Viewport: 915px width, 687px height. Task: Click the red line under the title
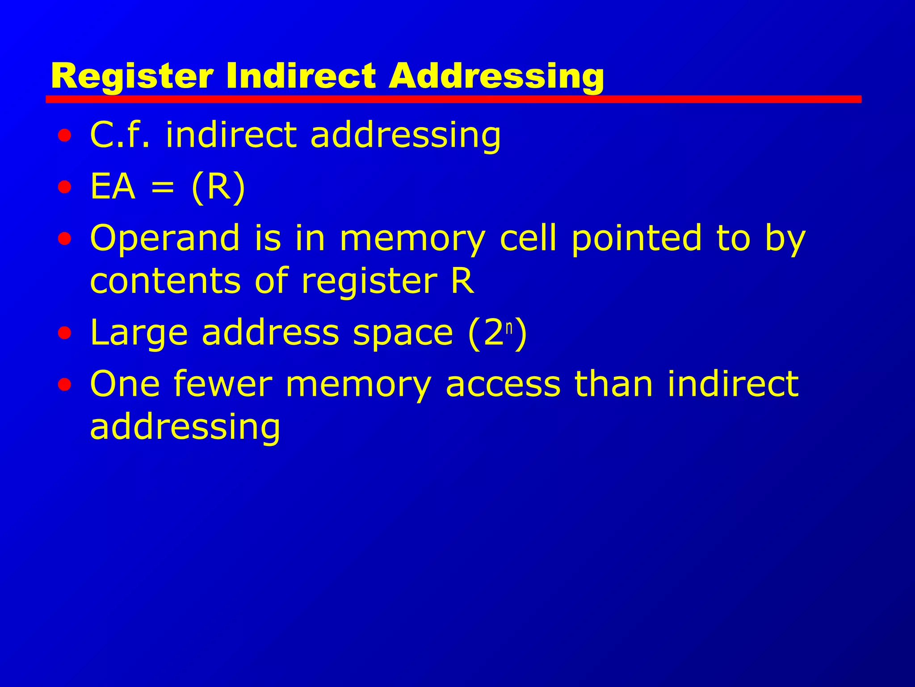point(453,99)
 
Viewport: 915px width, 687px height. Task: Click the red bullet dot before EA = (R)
point(64,187)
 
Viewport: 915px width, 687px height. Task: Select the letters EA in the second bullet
point(113,187)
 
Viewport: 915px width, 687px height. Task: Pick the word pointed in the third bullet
point(637,238)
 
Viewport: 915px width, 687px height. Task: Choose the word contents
point(165,281)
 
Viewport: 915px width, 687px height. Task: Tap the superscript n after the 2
point(509,327)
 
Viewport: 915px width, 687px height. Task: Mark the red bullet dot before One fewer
point(64,384)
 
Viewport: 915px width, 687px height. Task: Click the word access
point(503,384)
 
